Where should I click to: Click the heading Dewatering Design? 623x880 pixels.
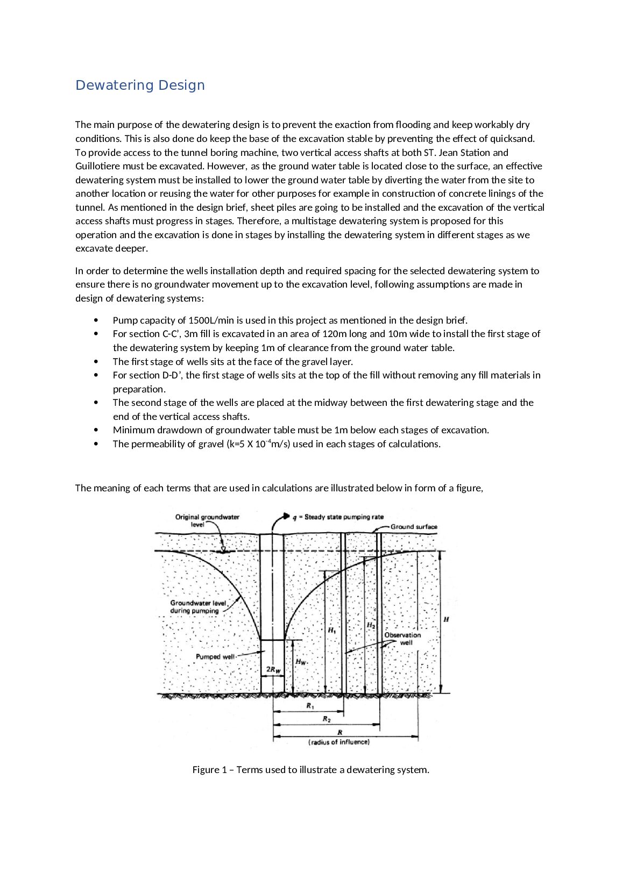coord(140,85)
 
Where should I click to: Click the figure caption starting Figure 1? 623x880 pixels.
coord(310,770)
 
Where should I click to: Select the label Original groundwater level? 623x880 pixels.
coord(207,520)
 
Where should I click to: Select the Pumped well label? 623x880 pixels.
coord(215,657)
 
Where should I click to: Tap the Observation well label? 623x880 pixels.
coord(402,639)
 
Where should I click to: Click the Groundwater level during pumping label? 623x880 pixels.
coord(197,607)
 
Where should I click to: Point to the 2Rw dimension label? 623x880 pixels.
coord(273,670)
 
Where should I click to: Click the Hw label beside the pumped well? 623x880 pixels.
coord(300,662)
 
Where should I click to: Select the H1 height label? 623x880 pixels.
coord(331,630)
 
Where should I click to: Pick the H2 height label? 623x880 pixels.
coord(371,625)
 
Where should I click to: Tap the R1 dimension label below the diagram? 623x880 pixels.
coord(310,706)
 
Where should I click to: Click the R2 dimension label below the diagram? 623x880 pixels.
coord(327,719)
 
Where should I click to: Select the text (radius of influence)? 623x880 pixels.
coord(339,742)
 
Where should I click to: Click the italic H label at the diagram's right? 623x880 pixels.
coord(446,620)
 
